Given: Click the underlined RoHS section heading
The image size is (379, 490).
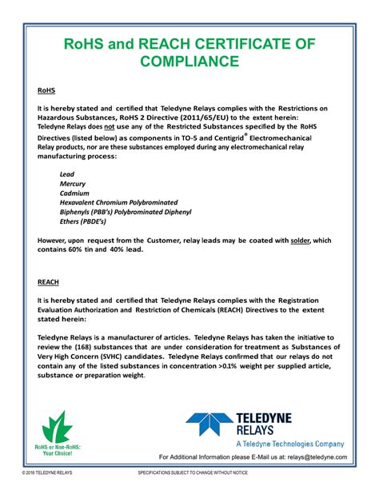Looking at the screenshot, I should pos(44,92).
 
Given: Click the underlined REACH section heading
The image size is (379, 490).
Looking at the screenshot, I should pos(47,282).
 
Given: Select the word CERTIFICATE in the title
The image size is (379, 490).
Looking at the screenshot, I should pos(233,42).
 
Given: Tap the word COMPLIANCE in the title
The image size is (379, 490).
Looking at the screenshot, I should pos(189,61).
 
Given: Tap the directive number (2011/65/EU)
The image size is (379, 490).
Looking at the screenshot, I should pos(189,118).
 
